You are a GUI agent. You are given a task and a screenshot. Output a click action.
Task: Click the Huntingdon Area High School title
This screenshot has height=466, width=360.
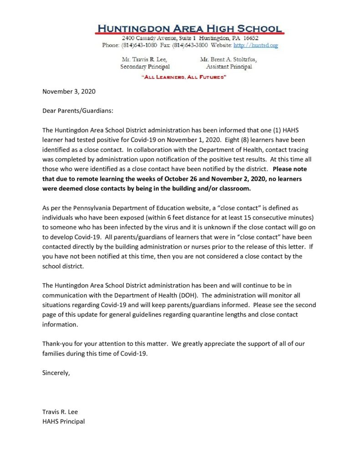pyautogui.click(x=189, y=28)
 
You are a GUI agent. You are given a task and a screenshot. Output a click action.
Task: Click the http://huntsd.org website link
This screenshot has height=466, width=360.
pyautogui.click(x=255, y=46)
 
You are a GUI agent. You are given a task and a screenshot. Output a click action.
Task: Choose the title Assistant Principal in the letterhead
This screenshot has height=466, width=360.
pyautogui.click(x=228, y=67)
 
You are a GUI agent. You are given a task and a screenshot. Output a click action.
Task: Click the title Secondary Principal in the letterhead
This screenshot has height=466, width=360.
pyautogui.click(x=145, y=67)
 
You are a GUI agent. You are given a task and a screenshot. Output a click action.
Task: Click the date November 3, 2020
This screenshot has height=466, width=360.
pyautogui.click(x=69, y=91)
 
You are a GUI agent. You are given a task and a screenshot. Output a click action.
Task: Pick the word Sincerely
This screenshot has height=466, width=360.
pyautogui.click(x=56, y=373)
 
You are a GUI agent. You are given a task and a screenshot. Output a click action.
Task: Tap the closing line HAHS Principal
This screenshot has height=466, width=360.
pyautogui.click(x=63, y=421)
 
